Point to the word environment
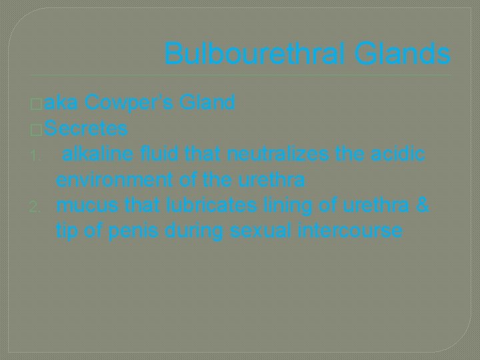tap(113, 180)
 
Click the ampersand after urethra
tap(421, 205)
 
